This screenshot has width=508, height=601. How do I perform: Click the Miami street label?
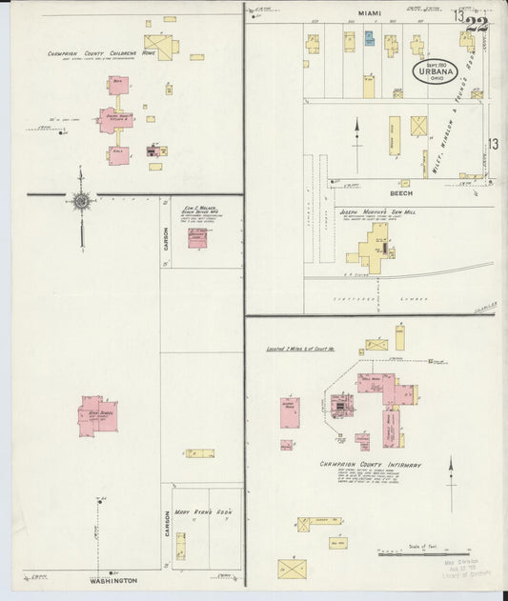point(369,13)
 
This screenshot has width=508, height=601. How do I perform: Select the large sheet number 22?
point(477,24)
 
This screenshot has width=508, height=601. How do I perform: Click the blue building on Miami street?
point(369,39)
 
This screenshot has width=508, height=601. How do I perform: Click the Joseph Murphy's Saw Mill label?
point(376,212)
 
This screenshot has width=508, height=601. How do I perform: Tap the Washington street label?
point(113,580)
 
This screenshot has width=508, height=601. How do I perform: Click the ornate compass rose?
point(81,200)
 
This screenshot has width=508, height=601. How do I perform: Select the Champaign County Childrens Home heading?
point(101,54)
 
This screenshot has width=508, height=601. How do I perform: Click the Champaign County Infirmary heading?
point(371,465)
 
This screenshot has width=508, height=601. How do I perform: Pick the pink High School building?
point(96,416)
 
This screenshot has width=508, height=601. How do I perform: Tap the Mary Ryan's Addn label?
point(208,511)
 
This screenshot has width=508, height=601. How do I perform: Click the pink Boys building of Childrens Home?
point(118,86)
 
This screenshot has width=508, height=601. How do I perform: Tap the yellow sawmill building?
point(373,255)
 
